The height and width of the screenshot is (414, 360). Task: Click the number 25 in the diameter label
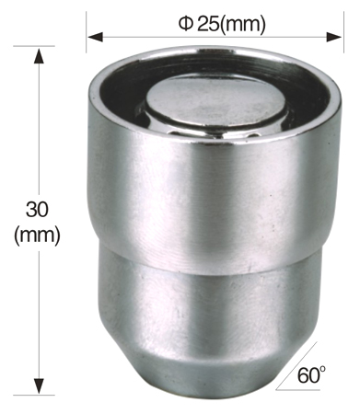pos(208,24)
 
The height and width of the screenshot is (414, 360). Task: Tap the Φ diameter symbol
pos(185,24)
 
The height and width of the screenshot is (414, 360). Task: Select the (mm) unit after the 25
pos(243,25)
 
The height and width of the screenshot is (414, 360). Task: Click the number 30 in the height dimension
pos(37,210)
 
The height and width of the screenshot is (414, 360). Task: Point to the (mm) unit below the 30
pos(37,236)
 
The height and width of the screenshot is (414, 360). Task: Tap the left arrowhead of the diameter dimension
pos(95,38)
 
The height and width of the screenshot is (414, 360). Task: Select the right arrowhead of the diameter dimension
pos(334,38)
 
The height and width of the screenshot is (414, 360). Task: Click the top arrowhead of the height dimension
pos(39,56)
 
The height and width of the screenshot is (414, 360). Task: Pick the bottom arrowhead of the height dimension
pos(39,386)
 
